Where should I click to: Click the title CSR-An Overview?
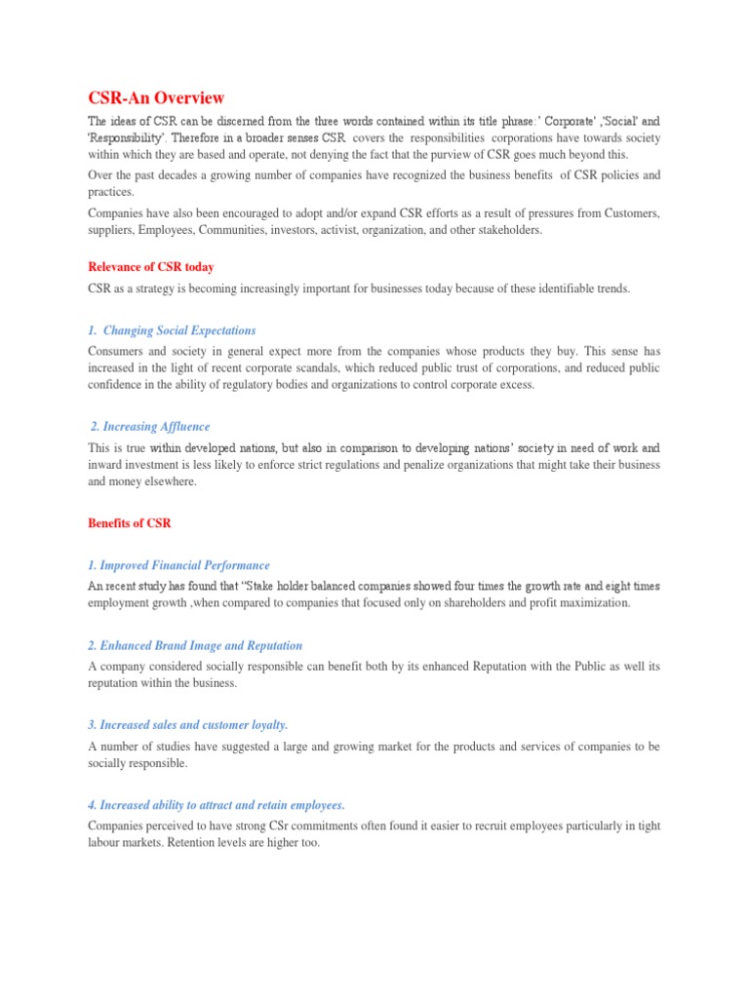(x=156, y=97)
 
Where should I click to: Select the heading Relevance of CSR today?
(x=151, y=267)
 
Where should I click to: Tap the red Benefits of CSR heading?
(x=130, y=523)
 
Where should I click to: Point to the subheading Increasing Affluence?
(x=150, y=427)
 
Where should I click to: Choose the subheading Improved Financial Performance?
(x=178, y=565)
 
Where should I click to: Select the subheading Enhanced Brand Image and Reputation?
(x=195, y=645)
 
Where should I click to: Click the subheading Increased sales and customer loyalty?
(x=188, y=725)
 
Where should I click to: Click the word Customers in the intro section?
(x=632, y=213)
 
